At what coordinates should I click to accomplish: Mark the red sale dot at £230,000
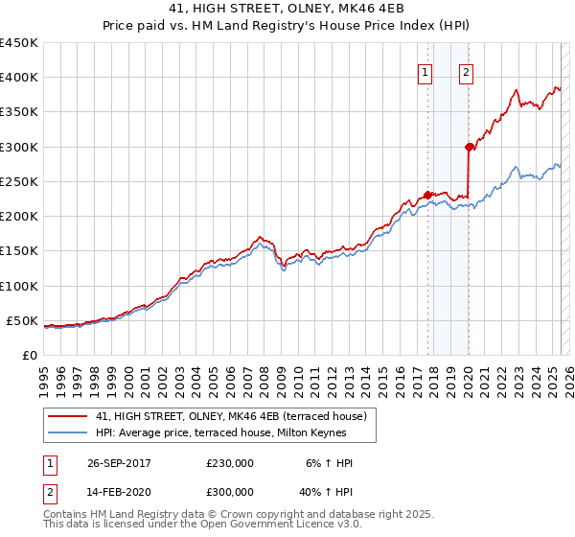[427, 195]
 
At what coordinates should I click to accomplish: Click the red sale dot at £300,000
[469, 147]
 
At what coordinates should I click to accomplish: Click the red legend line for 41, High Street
[67, 416]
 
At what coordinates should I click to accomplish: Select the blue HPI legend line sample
[67, 432]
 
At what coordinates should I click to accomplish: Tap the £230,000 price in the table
[230, 463]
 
